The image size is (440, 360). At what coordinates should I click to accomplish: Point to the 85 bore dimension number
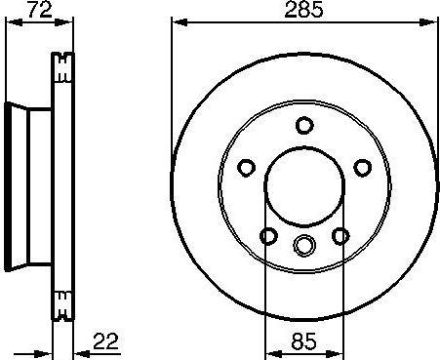pos(303,342)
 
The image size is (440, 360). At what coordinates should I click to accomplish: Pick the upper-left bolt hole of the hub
pos(246,166)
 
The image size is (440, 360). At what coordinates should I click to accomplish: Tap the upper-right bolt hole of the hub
pos(362,166)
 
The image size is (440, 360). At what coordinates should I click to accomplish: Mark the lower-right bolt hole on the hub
pos(340,234)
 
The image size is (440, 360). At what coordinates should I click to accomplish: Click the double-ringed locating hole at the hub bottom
pos(304,245)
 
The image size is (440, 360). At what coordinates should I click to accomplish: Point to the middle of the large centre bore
pos(304,185)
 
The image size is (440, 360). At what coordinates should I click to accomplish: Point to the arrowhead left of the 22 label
pos(45,352)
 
